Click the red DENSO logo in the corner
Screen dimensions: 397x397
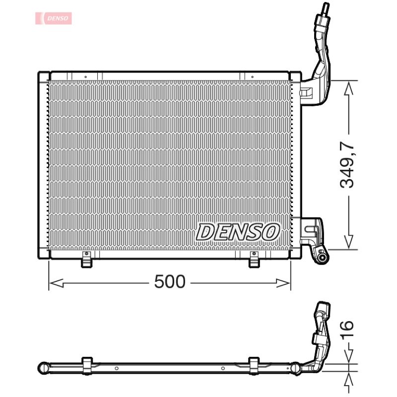pyautogui.click(x=54, y=18)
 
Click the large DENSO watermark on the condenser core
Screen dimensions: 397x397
pyautogui.click(x=238, y=232)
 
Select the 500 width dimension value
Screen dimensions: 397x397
pyautogui.click(x=170, y=281)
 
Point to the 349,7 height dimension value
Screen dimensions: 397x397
pyautogui.click(x=347, y=165)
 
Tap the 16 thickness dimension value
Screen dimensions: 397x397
pyautogui.click(x=346, y=329)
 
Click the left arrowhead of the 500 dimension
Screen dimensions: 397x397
pyautogui.click(x=56, y=283)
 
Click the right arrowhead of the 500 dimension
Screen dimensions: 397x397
pyautogui.click(x=283, y=283)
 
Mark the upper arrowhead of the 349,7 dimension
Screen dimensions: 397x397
pyautogui.click(x=349, y=88)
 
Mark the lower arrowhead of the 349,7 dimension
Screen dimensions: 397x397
pyautogui.click(x=349, y=242)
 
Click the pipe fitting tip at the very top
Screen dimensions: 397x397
pyautogui.click(x=326, y=7)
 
